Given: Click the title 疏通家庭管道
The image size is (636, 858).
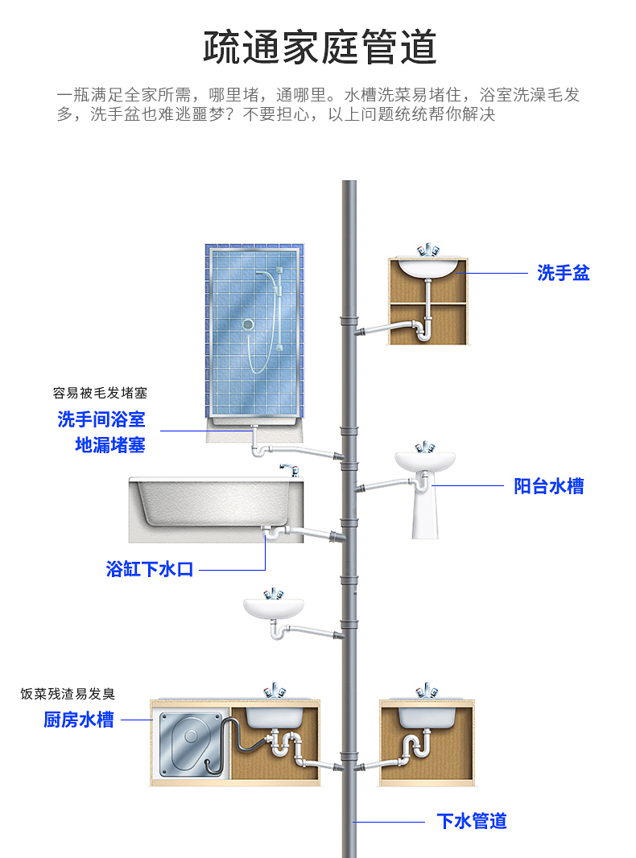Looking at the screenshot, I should [320, 47].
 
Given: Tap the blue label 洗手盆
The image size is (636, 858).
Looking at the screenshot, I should [564, 274].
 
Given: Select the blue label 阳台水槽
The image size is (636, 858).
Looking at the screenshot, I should [549, 486].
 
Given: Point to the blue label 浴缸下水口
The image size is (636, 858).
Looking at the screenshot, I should [151, 570].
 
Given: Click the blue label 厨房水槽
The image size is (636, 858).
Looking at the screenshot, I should [79, 720].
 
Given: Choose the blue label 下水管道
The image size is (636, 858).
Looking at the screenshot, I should [472, 821].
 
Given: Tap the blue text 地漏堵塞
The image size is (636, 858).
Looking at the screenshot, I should [110, 445].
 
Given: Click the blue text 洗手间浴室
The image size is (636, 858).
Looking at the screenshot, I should [101, 419].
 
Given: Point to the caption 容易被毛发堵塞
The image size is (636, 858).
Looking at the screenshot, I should [101, 394].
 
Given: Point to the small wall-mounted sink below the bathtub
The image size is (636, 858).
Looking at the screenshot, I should [274, 608].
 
